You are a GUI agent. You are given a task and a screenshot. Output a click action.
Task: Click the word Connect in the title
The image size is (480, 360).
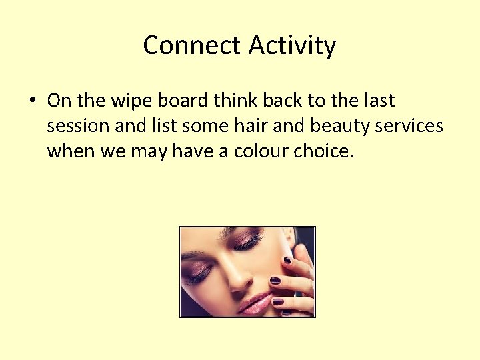click(191, 45)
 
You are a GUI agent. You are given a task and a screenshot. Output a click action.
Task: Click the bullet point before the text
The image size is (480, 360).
click(32, 101)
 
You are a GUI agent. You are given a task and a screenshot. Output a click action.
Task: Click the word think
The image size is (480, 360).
click(236, 101)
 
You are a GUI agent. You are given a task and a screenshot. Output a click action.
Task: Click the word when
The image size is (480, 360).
click(71, 151)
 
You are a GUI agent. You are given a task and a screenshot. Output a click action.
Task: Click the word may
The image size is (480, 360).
click(149, 151)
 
